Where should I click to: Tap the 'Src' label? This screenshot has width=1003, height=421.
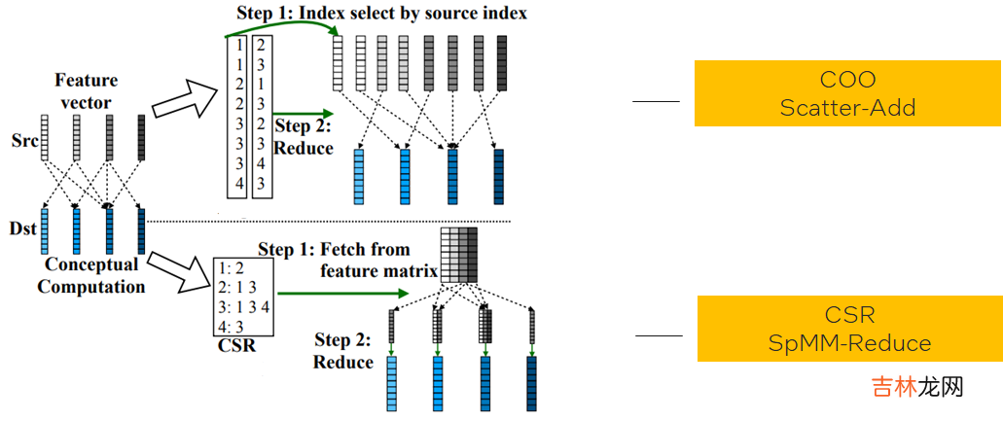(26, 143)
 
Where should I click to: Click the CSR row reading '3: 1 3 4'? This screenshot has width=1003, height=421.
(245, 307)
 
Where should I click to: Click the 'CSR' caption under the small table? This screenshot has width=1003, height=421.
(237, 345)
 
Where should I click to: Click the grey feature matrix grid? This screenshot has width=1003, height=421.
(460, 256)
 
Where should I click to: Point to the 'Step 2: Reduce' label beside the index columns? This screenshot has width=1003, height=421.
(303, 137)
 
